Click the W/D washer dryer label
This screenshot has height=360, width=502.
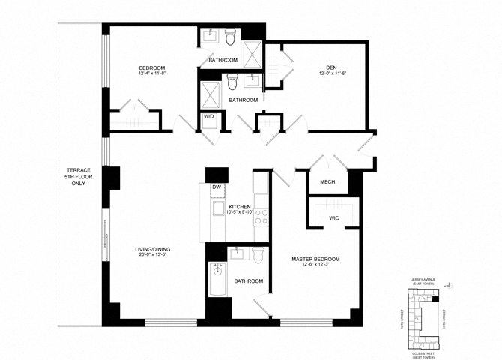208,116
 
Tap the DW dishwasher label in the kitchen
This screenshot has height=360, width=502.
216,187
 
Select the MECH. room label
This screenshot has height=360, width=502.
327,182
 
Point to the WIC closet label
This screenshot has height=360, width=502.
334,218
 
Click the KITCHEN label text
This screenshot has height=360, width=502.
240,206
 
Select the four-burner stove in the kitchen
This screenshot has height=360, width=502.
262,217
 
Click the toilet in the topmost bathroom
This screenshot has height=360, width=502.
231,34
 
